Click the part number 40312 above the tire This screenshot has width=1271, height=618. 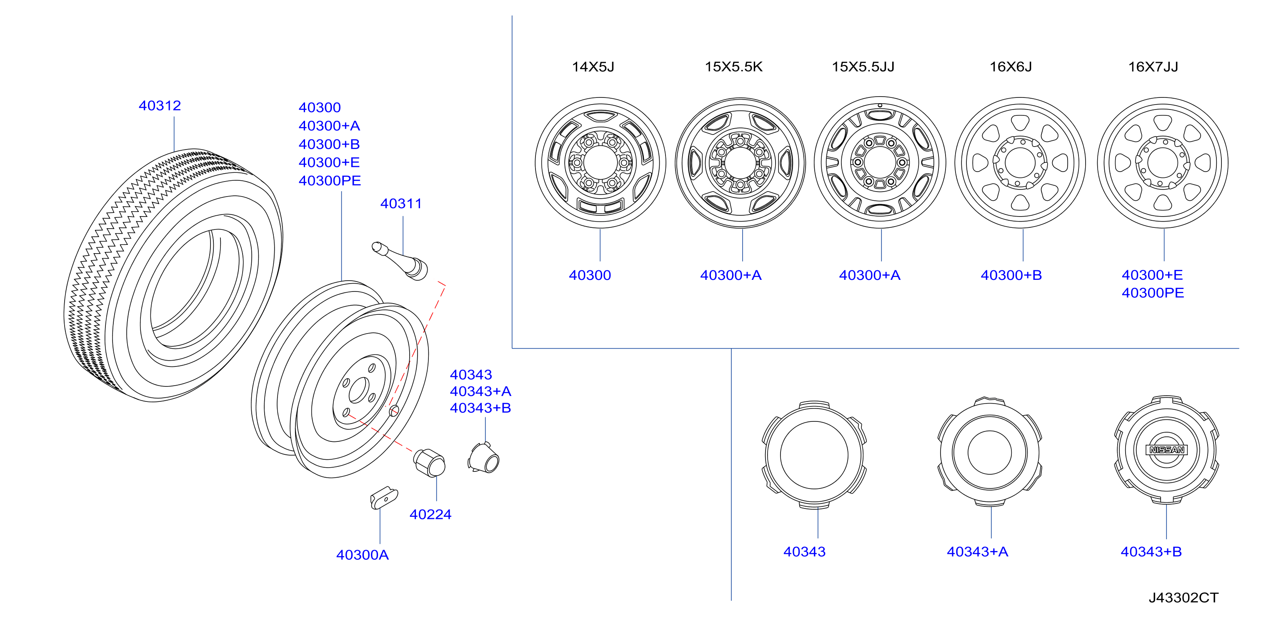[160, 105]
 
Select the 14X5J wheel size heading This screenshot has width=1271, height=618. [593, 67]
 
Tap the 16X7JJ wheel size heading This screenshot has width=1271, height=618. [1153, 67]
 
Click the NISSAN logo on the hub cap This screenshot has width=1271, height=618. [1167, 450]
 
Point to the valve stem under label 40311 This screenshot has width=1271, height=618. [400, 260]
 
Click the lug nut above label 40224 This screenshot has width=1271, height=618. [429, 463]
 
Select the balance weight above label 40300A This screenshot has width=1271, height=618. [384, 498]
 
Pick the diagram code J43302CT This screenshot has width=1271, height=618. [1183, 598]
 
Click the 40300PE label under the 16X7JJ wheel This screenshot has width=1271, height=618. [1153, 293]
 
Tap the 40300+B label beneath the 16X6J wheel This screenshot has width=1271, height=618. [1011, 275]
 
